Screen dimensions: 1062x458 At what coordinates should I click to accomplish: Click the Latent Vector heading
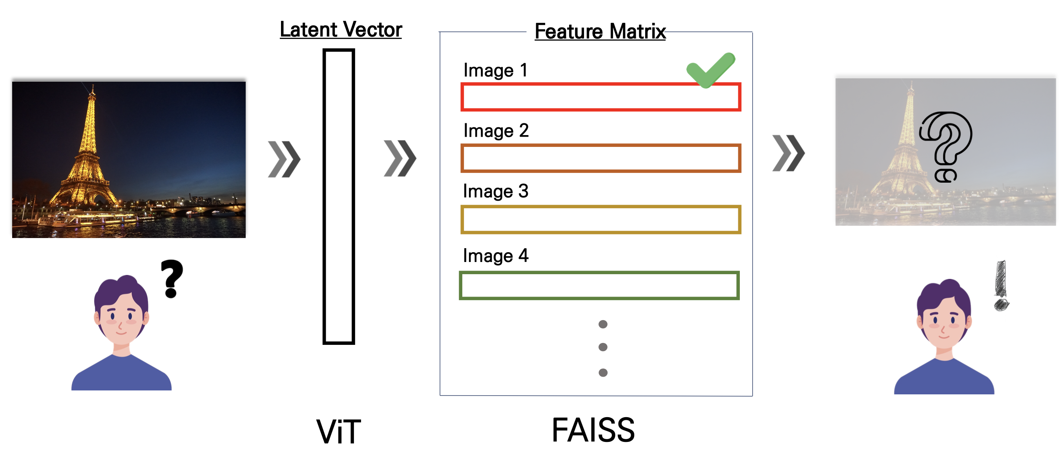(341, 30)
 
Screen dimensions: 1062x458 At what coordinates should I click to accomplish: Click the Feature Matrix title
(600, 31)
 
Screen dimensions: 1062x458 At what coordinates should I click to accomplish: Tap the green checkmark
(710, 70)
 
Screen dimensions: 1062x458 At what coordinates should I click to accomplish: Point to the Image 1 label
(495, 70)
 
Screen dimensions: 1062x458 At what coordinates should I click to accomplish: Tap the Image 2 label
(496, 131)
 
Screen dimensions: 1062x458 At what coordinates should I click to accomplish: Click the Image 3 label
(495, 191)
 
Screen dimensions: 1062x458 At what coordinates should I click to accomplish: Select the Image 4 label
(495, 256)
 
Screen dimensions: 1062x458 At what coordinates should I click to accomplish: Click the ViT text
(338, 432)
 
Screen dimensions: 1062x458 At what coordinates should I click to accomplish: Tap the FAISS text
(593, 431)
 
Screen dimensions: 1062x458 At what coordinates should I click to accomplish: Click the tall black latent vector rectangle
(338, 196)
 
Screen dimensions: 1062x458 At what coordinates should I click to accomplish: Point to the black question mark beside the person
(172, 278)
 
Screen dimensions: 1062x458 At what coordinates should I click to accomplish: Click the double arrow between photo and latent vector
(284, 159)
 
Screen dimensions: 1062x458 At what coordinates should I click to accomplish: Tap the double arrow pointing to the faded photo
(788, 153)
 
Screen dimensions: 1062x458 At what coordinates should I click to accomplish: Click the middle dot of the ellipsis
(603, 347)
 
